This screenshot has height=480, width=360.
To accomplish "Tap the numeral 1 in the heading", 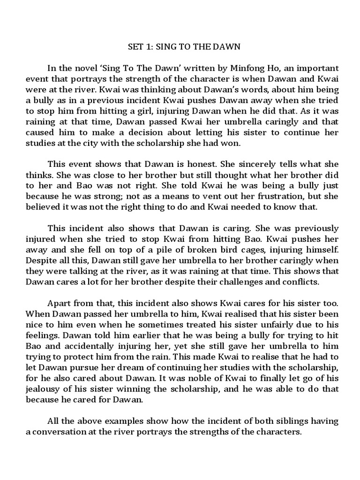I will (150, 47).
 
